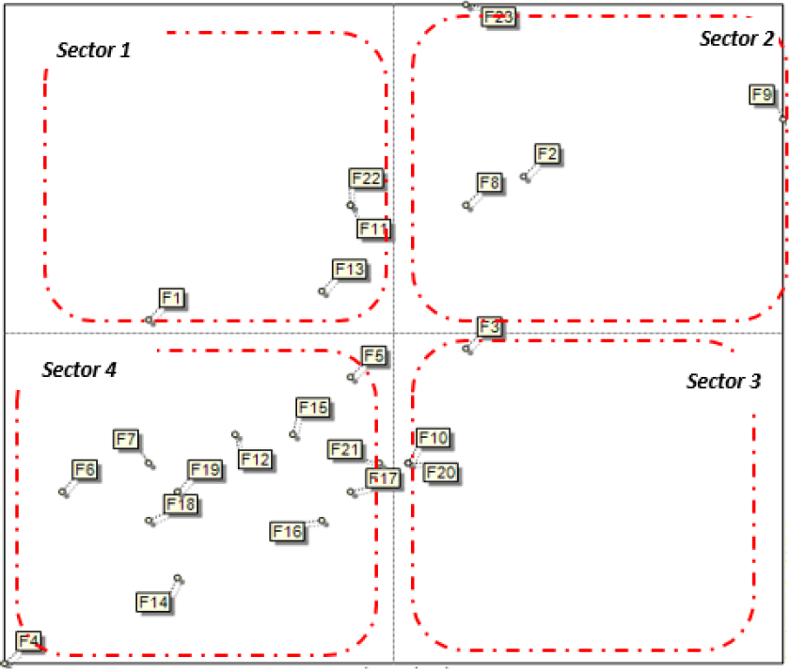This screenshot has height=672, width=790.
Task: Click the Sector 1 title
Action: [93, 50]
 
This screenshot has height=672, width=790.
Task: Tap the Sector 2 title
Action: [736, 39]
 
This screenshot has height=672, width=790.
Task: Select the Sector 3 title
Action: [723, 382]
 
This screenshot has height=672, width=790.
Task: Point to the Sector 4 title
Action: [79, 369]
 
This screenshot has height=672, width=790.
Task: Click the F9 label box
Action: [762, 94]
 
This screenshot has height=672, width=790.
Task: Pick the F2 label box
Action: [546, 153]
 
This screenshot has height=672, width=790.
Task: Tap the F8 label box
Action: [489, 181]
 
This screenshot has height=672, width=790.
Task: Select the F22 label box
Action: [365, 179]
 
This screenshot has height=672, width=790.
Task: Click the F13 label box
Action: [348, 270]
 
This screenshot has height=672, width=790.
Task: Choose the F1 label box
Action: [171, 298]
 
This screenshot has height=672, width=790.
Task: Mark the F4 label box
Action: [29, 641]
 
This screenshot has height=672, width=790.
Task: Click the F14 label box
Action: [153, 601]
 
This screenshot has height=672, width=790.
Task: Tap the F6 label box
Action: [85, 469]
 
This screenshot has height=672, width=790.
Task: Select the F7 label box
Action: [126, 439]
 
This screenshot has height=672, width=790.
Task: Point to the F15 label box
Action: [312, 407]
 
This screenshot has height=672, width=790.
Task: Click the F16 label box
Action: [287, 532]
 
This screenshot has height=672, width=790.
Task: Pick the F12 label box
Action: [255, 460]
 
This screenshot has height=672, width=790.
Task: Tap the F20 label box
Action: [440, 472]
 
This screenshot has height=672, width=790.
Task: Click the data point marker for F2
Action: [525, 177]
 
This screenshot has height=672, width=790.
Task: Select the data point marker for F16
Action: [323, 520]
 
